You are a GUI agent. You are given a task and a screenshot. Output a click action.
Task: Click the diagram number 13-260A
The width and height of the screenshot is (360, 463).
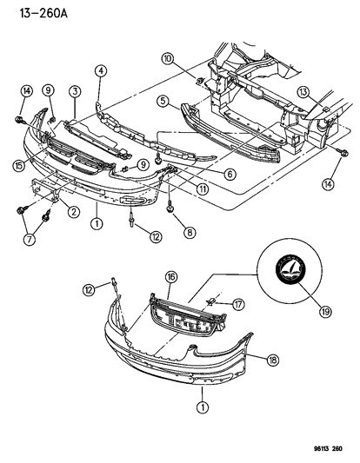point(43,13)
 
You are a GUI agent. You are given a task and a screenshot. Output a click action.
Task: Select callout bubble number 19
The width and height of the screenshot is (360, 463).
point(325,311)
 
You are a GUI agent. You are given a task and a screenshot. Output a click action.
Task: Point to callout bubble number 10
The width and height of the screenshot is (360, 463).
point(168,58)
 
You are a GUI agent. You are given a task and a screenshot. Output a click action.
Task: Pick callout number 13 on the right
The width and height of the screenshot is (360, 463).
point(303,92)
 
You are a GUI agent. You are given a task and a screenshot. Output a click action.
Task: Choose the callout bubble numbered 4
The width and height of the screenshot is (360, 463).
point(101,71)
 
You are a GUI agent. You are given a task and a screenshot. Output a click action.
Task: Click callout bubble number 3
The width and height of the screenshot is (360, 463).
point(75,91)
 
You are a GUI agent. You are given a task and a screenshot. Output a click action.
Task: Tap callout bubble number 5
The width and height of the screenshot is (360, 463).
point(163,101)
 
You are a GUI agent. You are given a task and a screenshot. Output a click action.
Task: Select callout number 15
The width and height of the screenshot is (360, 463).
point(19,165)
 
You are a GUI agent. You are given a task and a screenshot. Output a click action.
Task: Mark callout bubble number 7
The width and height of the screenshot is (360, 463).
point(30,239)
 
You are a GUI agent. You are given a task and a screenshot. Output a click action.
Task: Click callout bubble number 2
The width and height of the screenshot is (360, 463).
point(73,211)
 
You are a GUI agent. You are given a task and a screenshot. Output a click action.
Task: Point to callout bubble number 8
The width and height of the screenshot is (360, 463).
point(190,233)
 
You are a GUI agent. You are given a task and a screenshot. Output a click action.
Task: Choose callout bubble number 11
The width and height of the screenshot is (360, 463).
point(203,189)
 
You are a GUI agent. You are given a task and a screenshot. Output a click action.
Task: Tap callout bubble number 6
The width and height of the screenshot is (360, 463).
point(230,175)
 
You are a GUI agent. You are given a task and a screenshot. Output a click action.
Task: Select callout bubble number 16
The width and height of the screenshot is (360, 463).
point(171,277)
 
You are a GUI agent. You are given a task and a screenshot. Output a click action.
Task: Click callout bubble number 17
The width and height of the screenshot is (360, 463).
point(238,304)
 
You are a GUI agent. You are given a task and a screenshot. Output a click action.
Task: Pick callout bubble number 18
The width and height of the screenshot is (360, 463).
point(272,360)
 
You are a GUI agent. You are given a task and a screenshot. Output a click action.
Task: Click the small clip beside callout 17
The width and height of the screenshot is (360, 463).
point(211,301)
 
